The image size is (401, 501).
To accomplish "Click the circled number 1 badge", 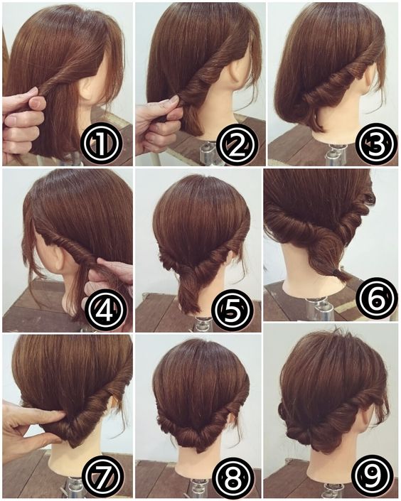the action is click(x=101, y=143).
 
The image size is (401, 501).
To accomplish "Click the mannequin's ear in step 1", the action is click(x=86, y=87).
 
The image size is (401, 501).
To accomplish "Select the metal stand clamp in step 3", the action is click(x=334, y=155).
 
